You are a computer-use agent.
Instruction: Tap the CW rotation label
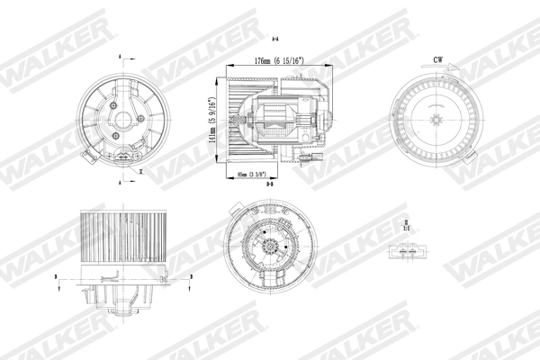coord(437,60)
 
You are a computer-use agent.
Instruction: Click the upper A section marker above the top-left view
coord(120,58)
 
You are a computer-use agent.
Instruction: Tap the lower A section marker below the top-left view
coord(120,181)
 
